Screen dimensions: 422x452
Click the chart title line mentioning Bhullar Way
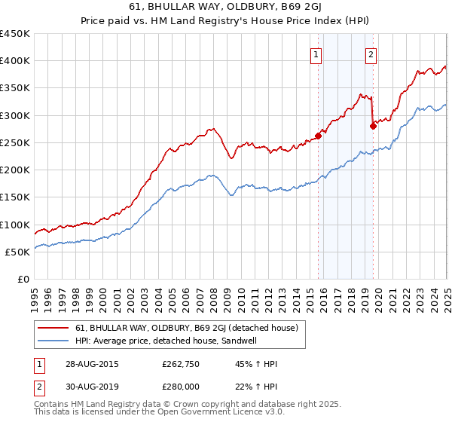click(x=226, y=9)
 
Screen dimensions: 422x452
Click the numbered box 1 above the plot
click(x=316, y=54)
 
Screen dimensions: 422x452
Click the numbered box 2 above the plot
click(x=372, y=54)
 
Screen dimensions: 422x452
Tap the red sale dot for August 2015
click(x=319, y=136)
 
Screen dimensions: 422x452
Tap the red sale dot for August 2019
click(x=374, y=126)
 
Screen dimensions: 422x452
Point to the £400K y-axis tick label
click(x=15, y=61)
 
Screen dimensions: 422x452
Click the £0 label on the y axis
click(x=23, y=279)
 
